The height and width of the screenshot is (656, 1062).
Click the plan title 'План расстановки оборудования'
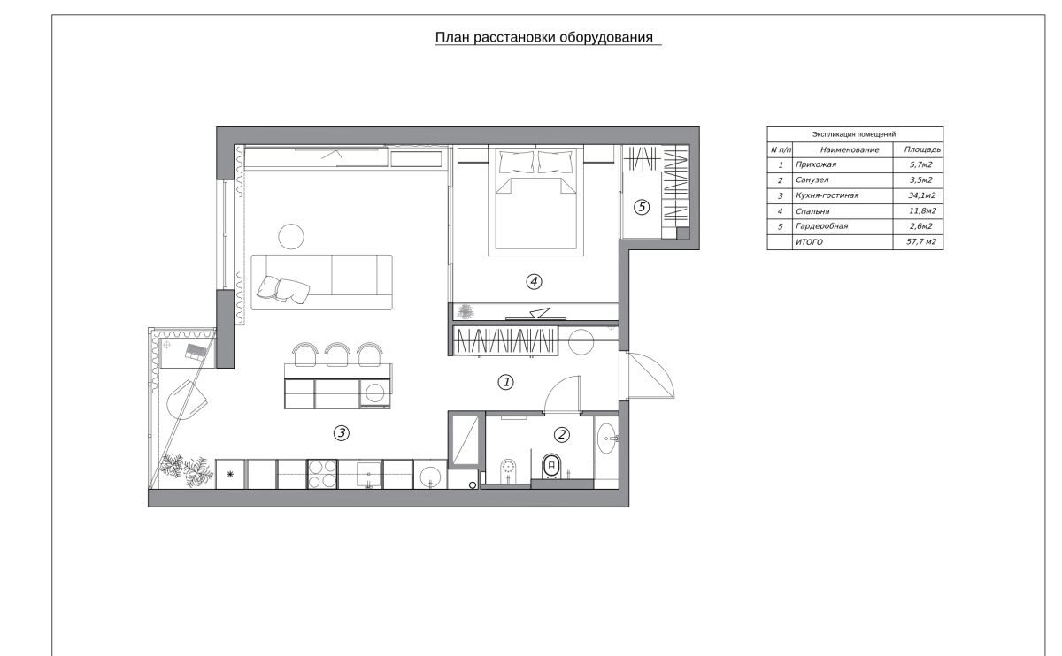tap(543, 37)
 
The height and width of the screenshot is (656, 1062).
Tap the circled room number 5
tap(642, 207)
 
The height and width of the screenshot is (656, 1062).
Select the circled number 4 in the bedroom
tap(534, 282)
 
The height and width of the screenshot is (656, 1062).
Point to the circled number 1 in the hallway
tap(506, 382)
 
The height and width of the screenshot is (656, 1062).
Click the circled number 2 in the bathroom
tap(561, 434)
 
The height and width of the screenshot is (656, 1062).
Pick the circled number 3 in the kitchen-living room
tap(342, 432)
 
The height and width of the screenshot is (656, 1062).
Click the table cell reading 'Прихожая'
tap(816, 164)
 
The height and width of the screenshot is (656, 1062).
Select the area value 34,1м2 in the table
tap(921, 195)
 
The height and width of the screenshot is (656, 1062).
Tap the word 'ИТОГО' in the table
tap(809, 242)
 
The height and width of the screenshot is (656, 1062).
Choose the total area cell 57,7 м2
tap(921, 241)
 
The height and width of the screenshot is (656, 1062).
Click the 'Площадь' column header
tap(922, 149)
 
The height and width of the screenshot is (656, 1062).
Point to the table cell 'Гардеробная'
tap(821, 226)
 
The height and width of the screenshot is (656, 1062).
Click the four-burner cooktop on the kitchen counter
tap(322, 474)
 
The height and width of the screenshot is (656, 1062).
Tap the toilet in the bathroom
tap(551, 466)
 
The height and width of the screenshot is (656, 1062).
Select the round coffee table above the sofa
tap(291, 236)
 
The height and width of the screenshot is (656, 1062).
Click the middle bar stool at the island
tap(337, 354)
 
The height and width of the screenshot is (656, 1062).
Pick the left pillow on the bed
tap(516, 162)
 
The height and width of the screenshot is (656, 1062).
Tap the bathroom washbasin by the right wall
tap(607, 439)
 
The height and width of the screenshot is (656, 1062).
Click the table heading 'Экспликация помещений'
tap(854, 134)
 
